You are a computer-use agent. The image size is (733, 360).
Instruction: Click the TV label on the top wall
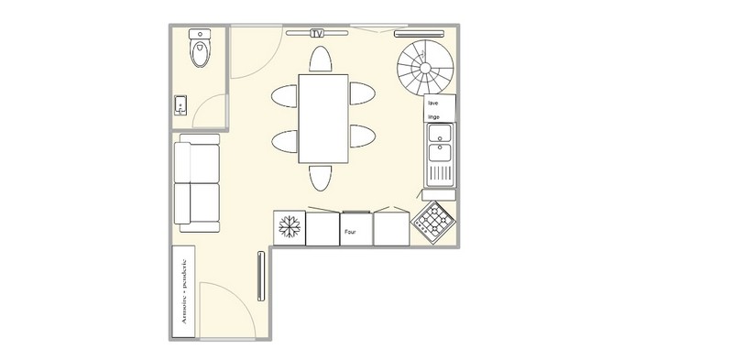(x=317, y=33)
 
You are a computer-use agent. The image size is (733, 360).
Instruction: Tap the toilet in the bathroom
(x=200, y=48)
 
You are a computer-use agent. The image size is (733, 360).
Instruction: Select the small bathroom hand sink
(x=181, y=105)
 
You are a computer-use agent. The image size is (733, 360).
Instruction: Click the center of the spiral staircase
(x=425, y=69)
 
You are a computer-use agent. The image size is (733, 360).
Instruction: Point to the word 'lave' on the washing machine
(x=432, y=103)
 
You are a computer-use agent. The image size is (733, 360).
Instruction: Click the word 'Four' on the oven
(x=350, y=232)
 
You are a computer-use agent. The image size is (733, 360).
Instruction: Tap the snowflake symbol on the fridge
(x=290, y=227)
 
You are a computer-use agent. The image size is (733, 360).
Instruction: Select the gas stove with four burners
(x=433, y=223)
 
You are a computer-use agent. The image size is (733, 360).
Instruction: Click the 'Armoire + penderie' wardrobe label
(x=184, y=291)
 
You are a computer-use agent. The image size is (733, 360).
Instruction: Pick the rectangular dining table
(x=323, y=119)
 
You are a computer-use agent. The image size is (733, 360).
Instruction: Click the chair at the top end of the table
(x=320, y=59)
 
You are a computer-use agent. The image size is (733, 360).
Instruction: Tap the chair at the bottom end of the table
(x=321, y=178)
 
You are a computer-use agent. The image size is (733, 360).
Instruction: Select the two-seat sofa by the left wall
(x=197, y=183)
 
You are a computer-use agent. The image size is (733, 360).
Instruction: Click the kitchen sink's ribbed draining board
(x=440, y=174)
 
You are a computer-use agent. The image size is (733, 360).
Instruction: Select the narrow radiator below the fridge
(x=261, y=277)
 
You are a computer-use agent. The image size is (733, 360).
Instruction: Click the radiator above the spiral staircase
(x=420, y=34)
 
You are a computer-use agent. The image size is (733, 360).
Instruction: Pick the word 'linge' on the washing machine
(x=433, y=117)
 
